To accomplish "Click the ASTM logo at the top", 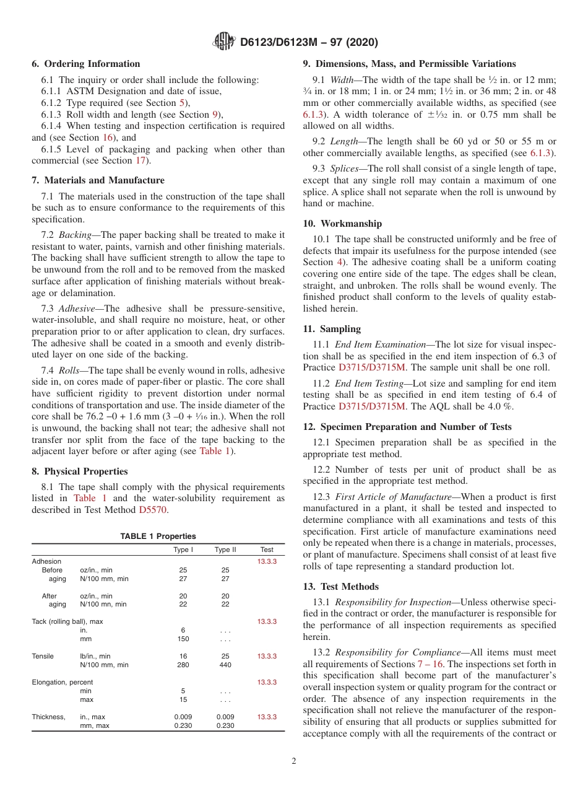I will click(223, 42).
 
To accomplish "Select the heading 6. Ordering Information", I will click(86, 64).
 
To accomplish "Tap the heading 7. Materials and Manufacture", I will click(98, 180).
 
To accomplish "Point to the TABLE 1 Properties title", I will click(158, 536).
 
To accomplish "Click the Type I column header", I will click(183, 549).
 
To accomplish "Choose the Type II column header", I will click(225, 549).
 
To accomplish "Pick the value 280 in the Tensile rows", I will click(183, 665).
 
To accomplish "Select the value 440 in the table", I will click(225, 665).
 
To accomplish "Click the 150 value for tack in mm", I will click(183, 639).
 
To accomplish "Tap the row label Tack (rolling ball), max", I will click(67, 621).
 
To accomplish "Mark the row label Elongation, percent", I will click(63, 682).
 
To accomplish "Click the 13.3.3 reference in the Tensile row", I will click(267, 656).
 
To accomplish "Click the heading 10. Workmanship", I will click(342, 224).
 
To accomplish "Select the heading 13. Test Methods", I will click(341, 587).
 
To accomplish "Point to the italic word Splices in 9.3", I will click(344, 169).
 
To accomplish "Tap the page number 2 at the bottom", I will click(294, 761).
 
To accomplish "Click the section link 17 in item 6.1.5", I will click(142, 160).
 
